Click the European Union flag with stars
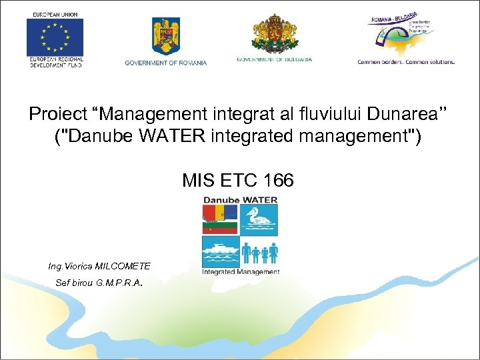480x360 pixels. tap(55, 37)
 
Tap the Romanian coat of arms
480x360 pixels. tap(165, 36)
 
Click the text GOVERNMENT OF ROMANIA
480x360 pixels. tap(166, 63)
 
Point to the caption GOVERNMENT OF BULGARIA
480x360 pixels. tap(274, 59)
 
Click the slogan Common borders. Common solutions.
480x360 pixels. tap(406, 62)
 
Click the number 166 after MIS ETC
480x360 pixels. tap(278, 180)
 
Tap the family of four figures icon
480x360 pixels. tap(260, 253)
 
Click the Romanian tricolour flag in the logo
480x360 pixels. tap(220, 213)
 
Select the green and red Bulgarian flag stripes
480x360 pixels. tap(220, 228)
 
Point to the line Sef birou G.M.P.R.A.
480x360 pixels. tap(99, 283)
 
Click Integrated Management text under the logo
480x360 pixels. tap(241, 271)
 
